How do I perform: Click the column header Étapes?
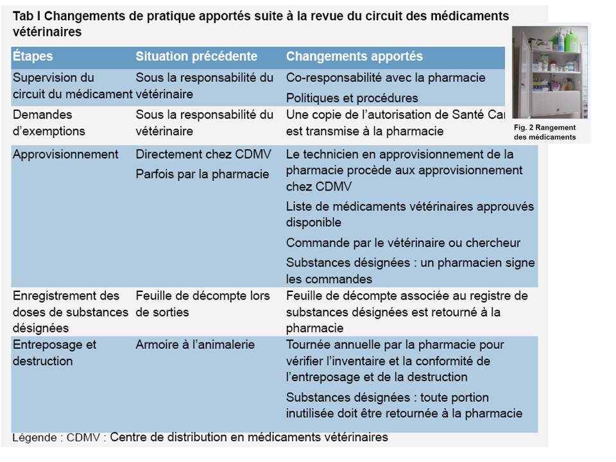[32, 57]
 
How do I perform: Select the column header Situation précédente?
[196, 57]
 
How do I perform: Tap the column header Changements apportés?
[354, 57]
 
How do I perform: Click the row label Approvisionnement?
[65, 155]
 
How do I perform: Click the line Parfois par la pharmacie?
[202, 174]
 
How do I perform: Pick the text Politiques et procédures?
[352, 98]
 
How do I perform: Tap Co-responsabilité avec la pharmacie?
[386, 78]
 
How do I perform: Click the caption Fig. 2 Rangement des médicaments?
[545, 132]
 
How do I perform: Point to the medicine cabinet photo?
[551, 72]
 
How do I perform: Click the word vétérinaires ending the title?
[47, 31]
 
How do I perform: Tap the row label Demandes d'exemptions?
[49, 123]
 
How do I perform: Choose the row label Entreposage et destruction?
[54, 352]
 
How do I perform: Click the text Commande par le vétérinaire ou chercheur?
[403, 243]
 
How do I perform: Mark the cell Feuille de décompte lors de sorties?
[202, 304]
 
